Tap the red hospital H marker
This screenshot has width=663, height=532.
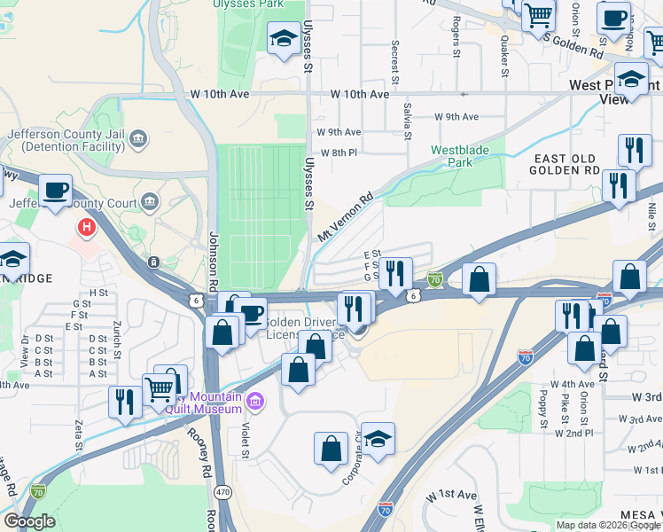86,227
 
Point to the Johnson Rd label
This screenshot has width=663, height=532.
213,257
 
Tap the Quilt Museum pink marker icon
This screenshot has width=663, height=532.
256,402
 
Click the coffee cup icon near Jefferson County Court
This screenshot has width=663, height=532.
55,190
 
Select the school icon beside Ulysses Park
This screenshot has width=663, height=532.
283,38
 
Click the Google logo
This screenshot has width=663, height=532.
30,520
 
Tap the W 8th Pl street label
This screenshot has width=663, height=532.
338,153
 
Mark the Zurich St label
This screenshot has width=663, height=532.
118,340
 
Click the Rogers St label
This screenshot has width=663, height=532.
456,36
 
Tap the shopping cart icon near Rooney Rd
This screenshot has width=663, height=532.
160,387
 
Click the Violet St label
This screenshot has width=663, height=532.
246,435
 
